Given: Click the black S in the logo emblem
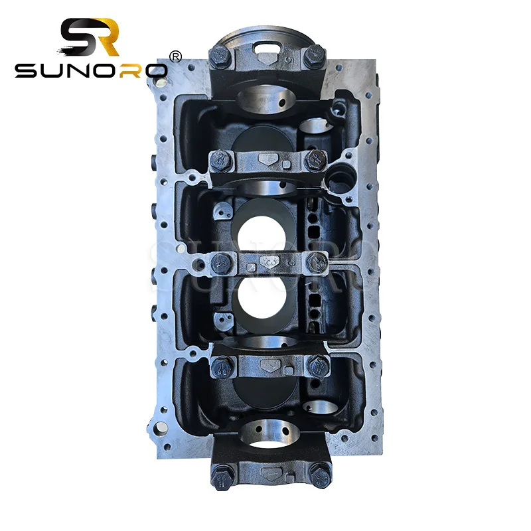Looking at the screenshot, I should point(78,38).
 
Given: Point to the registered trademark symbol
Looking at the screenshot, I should point(176,57).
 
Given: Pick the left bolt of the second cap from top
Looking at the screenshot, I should point(221,158).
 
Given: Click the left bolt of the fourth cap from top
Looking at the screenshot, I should point(222,364).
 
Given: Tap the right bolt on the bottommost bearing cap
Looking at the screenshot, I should point(321,475).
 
